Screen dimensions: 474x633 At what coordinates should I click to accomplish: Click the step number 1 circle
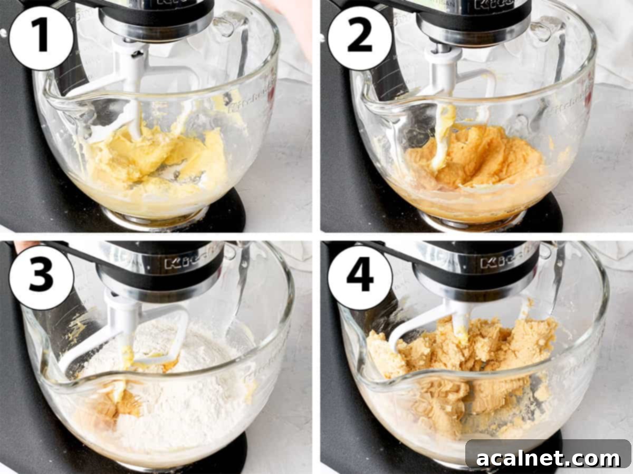point(41,38)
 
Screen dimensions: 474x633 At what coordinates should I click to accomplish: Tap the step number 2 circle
point(360,38)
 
